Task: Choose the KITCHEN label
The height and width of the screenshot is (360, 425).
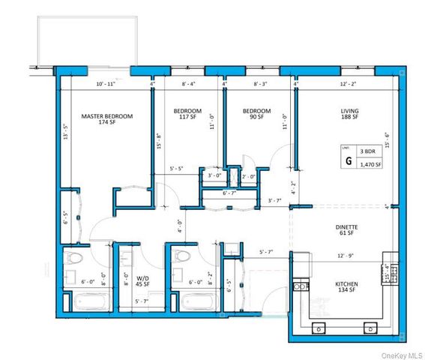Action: click(345, 284)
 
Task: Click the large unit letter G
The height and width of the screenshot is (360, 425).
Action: click(348, 160)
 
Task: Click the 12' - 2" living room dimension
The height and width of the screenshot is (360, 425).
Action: click(349, 85)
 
